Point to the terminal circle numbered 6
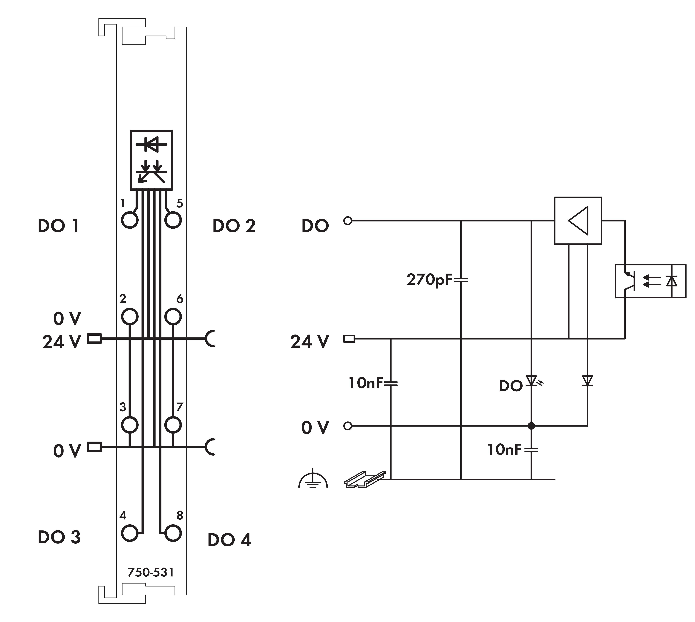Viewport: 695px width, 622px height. click(173, 316)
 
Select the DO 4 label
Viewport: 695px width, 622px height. click(229, 540)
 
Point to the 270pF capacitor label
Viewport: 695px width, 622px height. click(430, 280)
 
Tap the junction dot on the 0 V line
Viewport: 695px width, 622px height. click(531, 426)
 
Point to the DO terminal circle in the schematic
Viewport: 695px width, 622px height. click(347, 221)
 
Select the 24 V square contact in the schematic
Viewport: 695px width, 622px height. click(349, 339)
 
